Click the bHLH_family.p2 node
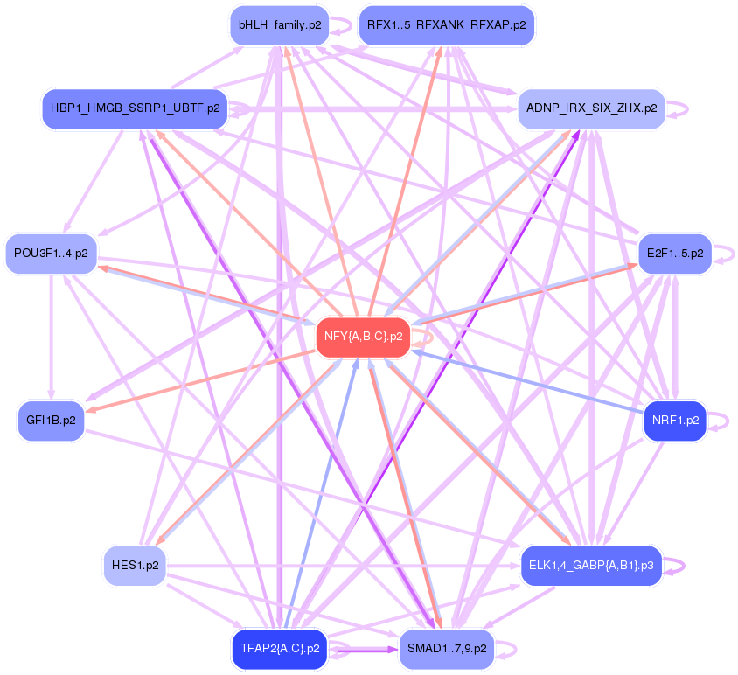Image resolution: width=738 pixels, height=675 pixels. (279, 25)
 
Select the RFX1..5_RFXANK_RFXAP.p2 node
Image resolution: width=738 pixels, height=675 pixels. (446, 25)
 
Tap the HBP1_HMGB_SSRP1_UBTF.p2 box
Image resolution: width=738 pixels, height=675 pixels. (135, 109)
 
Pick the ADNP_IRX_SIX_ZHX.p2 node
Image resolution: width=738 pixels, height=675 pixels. (591, 109)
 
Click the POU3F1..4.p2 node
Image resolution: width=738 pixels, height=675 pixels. (52, 254)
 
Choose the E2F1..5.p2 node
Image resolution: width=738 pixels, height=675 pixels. (674, 254)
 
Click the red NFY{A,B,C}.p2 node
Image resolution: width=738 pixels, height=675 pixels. (363, 336)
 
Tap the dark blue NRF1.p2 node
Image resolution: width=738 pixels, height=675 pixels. (674, 421)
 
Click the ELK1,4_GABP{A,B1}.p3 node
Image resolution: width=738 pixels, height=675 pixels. (591, 566)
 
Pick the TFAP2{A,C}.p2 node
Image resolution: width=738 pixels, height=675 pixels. (279, 649)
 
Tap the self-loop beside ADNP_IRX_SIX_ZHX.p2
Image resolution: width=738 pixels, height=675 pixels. (681, 109)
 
